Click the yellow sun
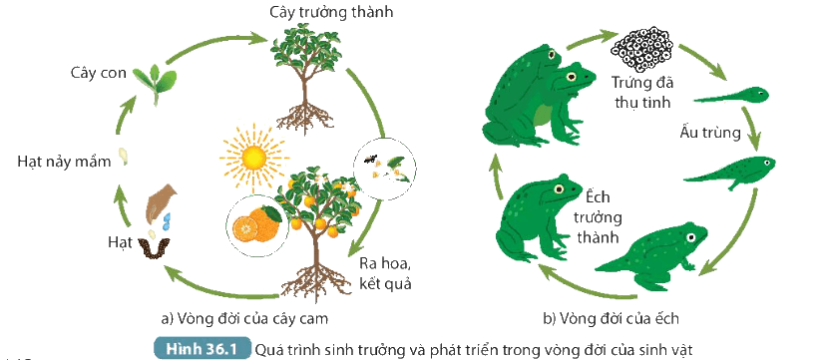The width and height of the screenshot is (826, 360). pos(254,158)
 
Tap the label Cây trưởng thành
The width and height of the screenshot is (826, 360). pos(331,12)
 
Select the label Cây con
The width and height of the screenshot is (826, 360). pos(99,73)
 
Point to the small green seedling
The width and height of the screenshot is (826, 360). pos(155,83)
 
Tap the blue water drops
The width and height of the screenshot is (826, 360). pos(168,221)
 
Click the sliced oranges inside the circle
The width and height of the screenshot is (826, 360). pos(257,225)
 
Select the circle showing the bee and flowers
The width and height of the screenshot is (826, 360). pos(384,169)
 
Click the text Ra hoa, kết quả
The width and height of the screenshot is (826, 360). pos(385,273)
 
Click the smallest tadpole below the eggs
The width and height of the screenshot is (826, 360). pos(731,96)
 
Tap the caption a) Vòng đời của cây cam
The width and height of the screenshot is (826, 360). pos(247,318)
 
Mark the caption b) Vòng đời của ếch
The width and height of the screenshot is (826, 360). pos(611,318)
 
